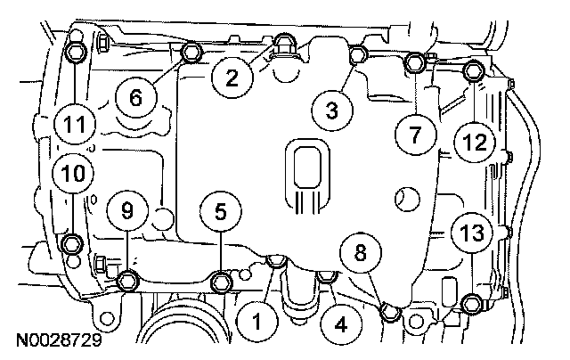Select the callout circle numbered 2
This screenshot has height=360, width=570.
232,79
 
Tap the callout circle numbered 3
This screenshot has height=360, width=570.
331,110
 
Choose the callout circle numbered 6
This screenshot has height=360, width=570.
135,99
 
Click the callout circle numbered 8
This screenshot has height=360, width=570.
361,253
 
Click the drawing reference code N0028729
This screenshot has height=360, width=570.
55,340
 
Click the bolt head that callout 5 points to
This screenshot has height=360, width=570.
222,283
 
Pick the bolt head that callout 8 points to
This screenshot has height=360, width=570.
389,310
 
